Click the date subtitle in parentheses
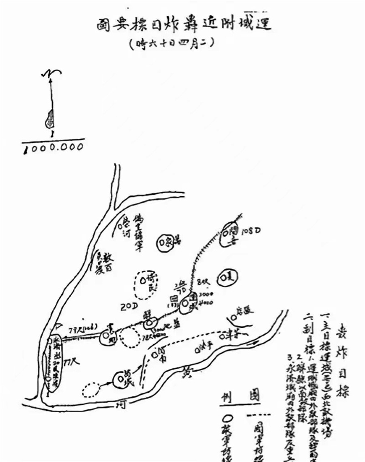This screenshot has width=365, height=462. tap(170, 44)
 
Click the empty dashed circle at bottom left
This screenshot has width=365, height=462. tap(91, 390)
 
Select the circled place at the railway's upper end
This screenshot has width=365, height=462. tap(230, 234)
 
